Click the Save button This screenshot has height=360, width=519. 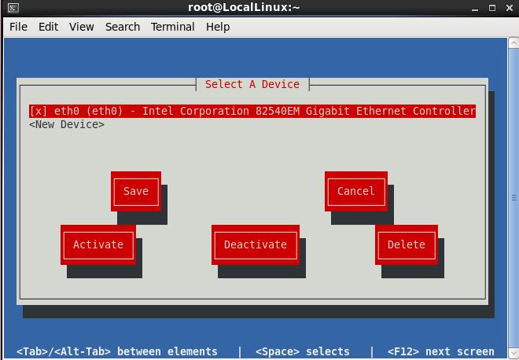136,191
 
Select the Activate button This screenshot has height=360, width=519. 98,244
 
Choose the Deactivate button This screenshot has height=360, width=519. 256,244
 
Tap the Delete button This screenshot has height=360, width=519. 406,244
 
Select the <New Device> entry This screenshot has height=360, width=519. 67,125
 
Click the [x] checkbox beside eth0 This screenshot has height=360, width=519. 38,111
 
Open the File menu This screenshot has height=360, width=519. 18,27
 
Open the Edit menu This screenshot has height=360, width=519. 48,27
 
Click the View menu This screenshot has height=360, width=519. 82,27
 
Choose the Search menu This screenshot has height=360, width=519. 123,27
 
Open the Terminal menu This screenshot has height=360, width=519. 172,27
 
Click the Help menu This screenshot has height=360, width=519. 218,27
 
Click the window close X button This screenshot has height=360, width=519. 510,8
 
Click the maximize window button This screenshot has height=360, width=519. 492,8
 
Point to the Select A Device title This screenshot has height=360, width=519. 252,84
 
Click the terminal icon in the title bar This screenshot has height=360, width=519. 13,8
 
